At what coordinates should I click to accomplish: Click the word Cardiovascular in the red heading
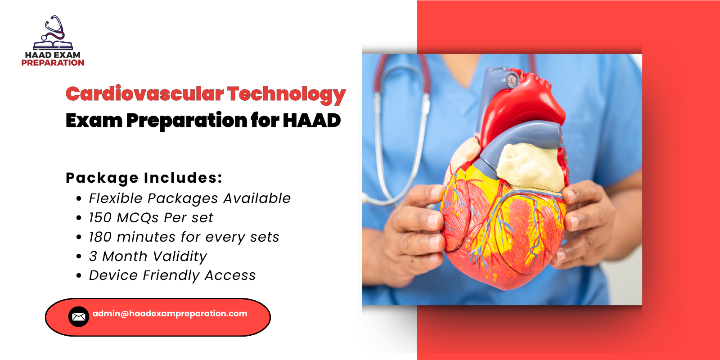coord(144,94)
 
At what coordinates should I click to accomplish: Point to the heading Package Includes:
coord(144,178)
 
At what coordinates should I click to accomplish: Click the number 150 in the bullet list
coord(100,218)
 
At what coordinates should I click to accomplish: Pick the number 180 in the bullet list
coord(100,237)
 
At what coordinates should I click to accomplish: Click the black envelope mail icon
coord(78,317)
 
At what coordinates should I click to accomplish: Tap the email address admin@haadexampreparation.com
coord(170,314)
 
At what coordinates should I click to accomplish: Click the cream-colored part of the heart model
coord(531,166)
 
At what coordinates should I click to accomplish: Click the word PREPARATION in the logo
coord(53,63)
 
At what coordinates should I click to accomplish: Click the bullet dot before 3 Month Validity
coord(79,256)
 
